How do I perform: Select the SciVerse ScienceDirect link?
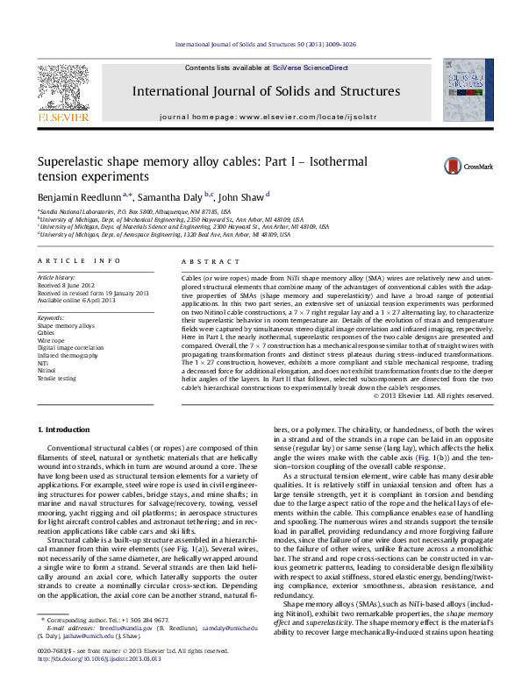(310, 67)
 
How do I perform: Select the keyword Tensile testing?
(56, 379)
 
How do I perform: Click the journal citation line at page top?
(266, 42)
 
